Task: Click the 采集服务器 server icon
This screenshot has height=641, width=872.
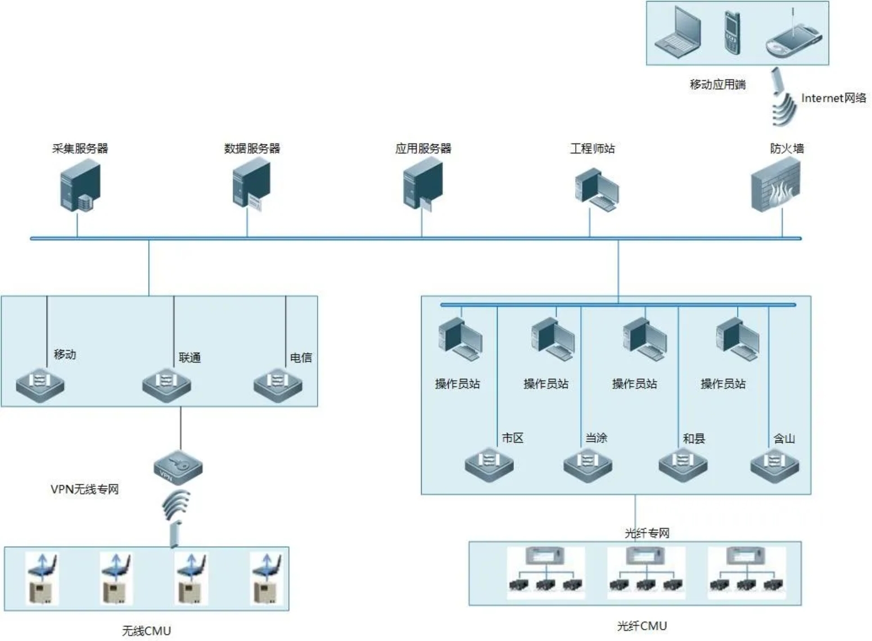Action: click(x=80, y=185)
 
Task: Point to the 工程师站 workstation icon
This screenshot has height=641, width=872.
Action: click(x=596, y=190)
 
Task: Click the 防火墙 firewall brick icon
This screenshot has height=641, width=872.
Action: click(x=776, y=185)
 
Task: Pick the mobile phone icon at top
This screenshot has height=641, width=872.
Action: click(x=731, y=33)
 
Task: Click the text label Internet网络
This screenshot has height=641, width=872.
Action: click(x=833, y=98)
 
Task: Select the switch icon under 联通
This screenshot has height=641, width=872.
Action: click(x=166, y=385)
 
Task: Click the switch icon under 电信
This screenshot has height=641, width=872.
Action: click(x=278, y=385)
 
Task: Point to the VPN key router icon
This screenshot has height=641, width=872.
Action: click(x=178, y=467)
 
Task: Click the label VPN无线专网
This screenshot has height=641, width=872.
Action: click(x=85, y=489)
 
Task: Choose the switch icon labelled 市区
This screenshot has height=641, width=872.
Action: click(x=489, y=464)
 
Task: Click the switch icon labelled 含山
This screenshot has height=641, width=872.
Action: click(x=775, y=464)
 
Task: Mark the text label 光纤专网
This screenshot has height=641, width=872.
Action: click(x=647, y=533)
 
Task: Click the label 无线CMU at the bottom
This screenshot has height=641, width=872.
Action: click(x=146, y=631)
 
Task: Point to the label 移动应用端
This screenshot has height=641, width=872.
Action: click(x=717, y=84)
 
